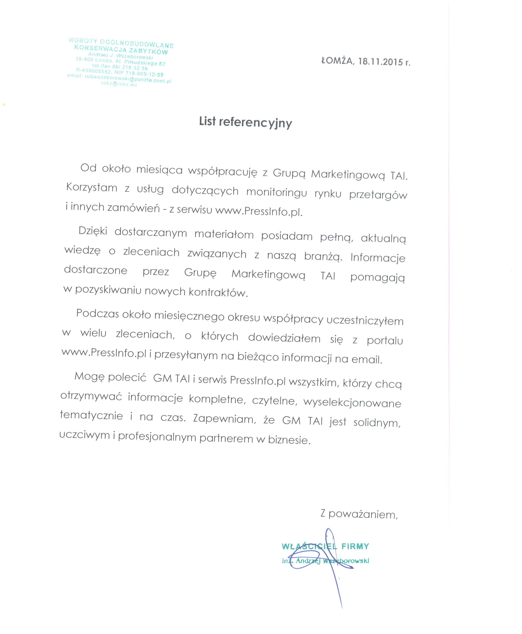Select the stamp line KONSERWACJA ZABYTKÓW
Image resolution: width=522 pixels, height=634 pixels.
click(121, 50)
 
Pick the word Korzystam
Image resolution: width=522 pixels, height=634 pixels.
click(92, 188)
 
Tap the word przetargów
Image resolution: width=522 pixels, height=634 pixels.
click(378, 195)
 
